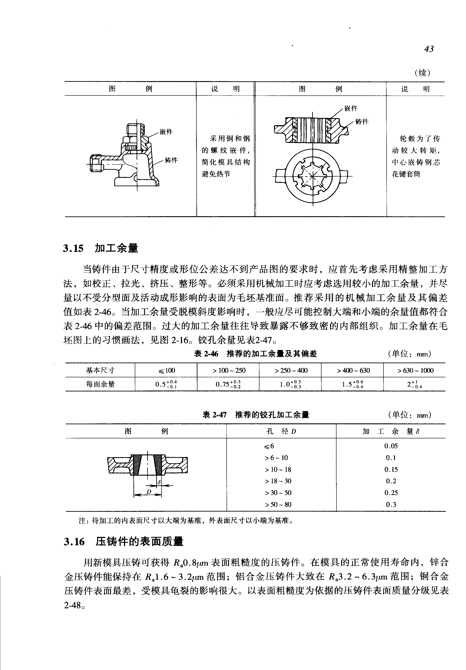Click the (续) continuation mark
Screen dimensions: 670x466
pos(422,73)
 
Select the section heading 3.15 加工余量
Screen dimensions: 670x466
pos(100,248)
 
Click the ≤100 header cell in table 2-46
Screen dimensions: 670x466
pos(166,370)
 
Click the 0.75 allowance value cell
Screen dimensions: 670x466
pos(228,384)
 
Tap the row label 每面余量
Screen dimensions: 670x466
pos(100,384)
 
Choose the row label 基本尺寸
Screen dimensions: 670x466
pos(100,370)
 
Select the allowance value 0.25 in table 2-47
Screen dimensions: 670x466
pos(391,493)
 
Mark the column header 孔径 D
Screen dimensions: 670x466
pos(281,431)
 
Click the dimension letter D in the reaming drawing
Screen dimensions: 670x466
pos(149,492)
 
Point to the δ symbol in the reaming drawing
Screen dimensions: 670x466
pos(159,483)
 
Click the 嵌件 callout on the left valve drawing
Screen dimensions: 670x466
pos(166,132)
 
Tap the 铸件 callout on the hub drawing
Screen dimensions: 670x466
pos(362,121)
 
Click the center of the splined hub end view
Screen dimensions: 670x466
pos(313,176)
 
